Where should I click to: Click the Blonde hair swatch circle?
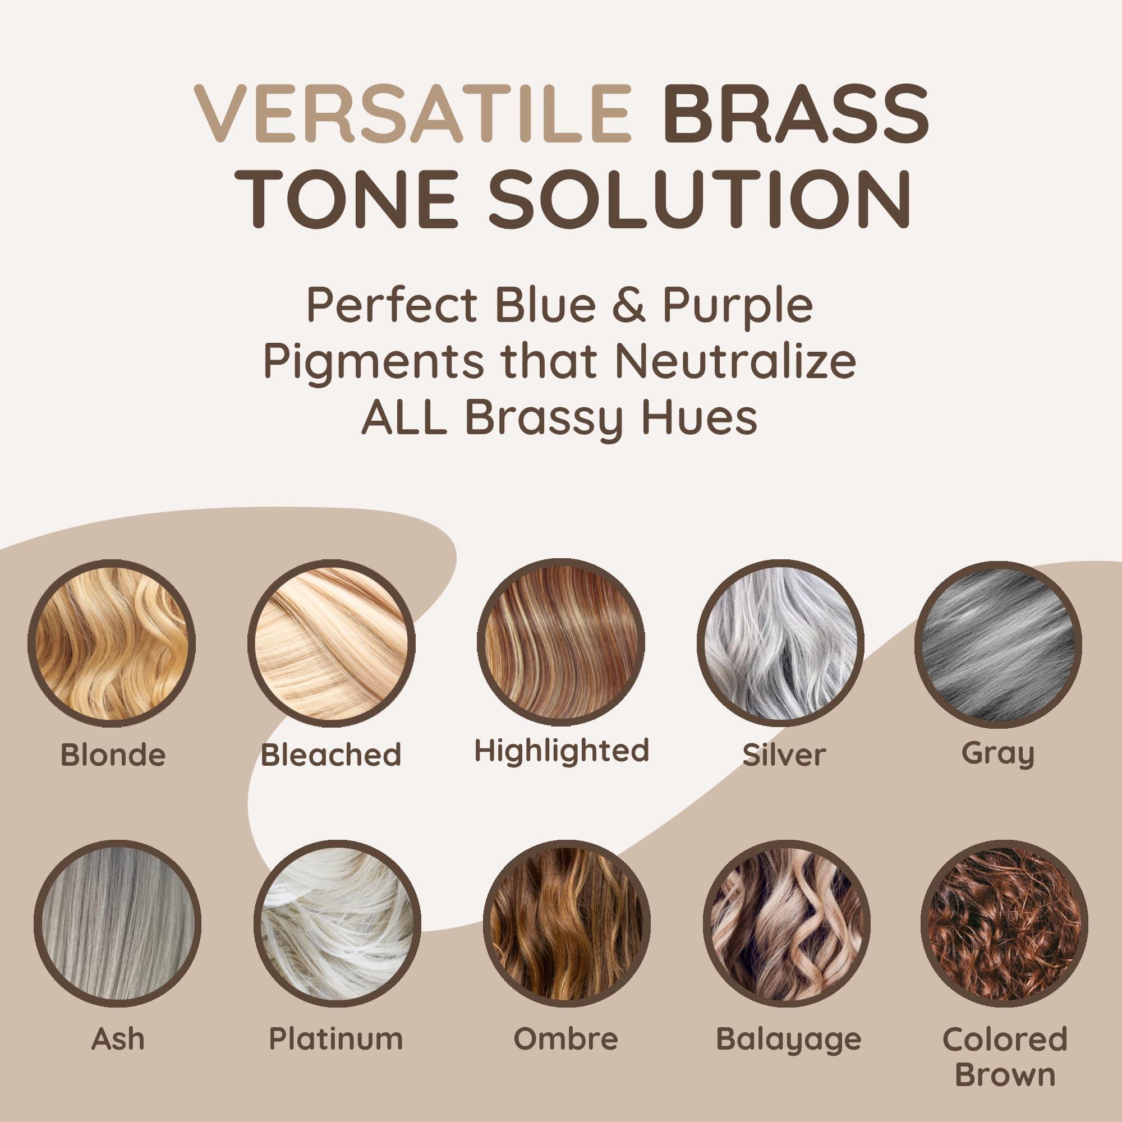(x=112, y=643)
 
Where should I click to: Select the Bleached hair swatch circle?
(x=332, y=643)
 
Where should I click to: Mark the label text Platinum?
(x=336, y=1039)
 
